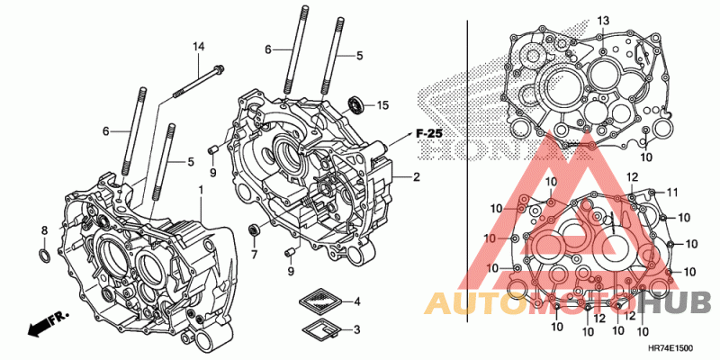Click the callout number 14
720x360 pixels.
(x=199, y=46)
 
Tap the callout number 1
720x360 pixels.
(x=201, y=191)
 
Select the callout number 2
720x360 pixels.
(x=417, y=177)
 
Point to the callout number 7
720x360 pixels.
(x=254, y=255)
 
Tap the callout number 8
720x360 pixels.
(x=43, y=231)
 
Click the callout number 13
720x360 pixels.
(x=603, y=20)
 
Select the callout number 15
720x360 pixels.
(x=382, y=105)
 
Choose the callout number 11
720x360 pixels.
(x=671, y=192)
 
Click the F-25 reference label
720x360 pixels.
(x=429, y=133)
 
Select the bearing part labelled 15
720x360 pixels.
(x=356, y=103)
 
